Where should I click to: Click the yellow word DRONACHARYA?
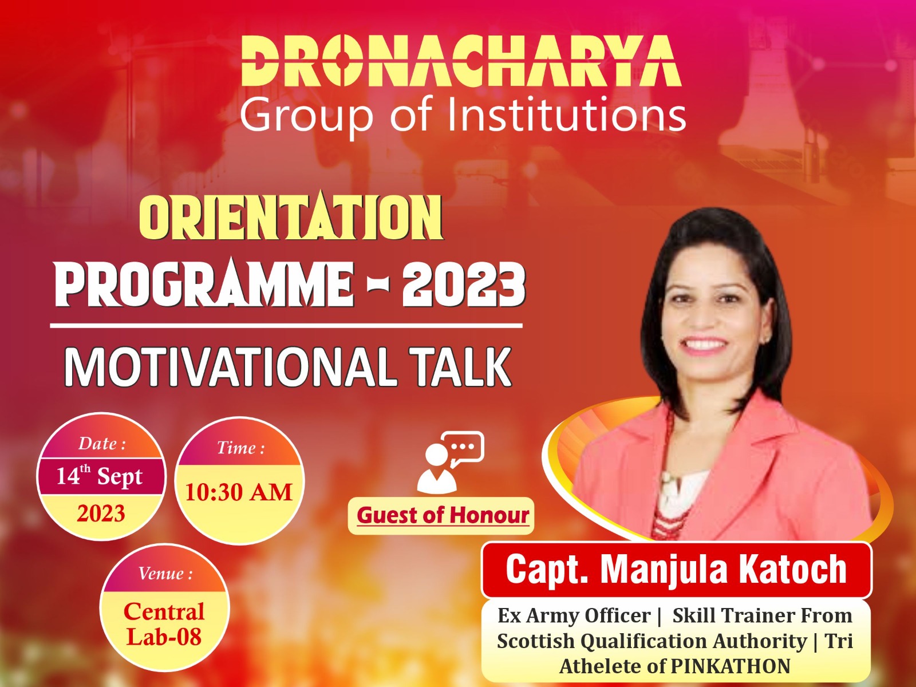[461, 61]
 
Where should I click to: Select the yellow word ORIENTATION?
[291, 218]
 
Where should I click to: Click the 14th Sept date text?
[99, 476]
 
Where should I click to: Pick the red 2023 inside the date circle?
[101, 513]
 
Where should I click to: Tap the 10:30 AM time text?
[239, 492]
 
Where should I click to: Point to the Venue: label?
[165, 574]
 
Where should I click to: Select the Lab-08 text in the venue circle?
[164, 637]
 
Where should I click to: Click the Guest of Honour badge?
[441, 516]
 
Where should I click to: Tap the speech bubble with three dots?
[463, 447]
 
